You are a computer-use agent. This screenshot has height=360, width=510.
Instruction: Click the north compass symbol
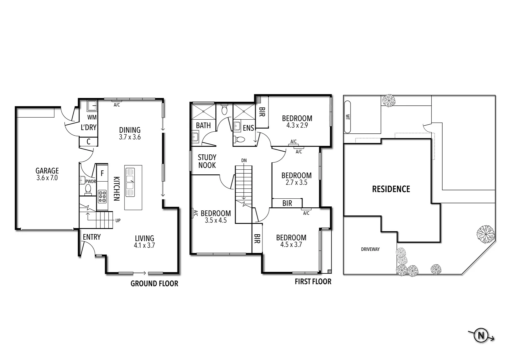[481, 335]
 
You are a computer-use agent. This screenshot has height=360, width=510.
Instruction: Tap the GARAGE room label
[47, 171]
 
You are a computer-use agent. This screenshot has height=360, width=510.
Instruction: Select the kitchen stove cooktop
[102, 196]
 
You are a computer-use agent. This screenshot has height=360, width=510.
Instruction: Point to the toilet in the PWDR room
[88, 189]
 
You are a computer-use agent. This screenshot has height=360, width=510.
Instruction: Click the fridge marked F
[102, 173]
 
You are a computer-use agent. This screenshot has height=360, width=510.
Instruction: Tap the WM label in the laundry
[92, 117]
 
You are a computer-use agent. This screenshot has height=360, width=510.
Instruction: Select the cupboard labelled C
[88, 142]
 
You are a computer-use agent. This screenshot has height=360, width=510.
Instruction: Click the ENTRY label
[92, 237]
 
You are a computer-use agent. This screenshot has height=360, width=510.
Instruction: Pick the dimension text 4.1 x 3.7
[144, 246]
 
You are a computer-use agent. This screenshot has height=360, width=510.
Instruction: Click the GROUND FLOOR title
[154, 284]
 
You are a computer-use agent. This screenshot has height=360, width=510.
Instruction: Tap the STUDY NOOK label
[207, 161]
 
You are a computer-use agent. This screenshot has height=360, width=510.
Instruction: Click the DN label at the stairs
[244, 161]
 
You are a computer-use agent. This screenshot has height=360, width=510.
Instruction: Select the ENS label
[248, 128]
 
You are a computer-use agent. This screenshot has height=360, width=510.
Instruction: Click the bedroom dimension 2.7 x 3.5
[296, 183]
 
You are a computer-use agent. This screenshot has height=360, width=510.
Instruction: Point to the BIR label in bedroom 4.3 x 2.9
[262, 112]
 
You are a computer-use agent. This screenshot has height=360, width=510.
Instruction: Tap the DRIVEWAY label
[370, 249]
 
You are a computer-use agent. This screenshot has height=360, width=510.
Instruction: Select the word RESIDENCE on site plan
[391, 189]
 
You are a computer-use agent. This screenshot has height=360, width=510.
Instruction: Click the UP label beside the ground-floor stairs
[118, 221]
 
